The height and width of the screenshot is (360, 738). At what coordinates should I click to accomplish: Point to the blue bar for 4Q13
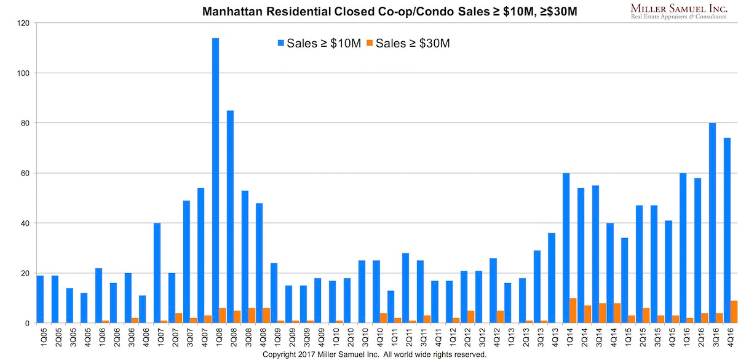552,278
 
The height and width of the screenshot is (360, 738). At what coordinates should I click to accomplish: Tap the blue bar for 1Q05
40,299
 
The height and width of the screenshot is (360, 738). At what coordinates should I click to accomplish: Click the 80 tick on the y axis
24,123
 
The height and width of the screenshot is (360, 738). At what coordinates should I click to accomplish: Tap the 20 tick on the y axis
24,273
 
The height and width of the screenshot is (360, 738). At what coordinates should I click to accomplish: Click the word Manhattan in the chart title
229,10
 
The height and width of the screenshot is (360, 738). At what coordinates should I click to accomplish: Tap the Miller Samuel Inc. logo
679,10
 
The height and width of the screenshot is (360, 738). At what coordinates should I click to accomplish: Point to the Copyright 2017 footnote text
375,355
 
